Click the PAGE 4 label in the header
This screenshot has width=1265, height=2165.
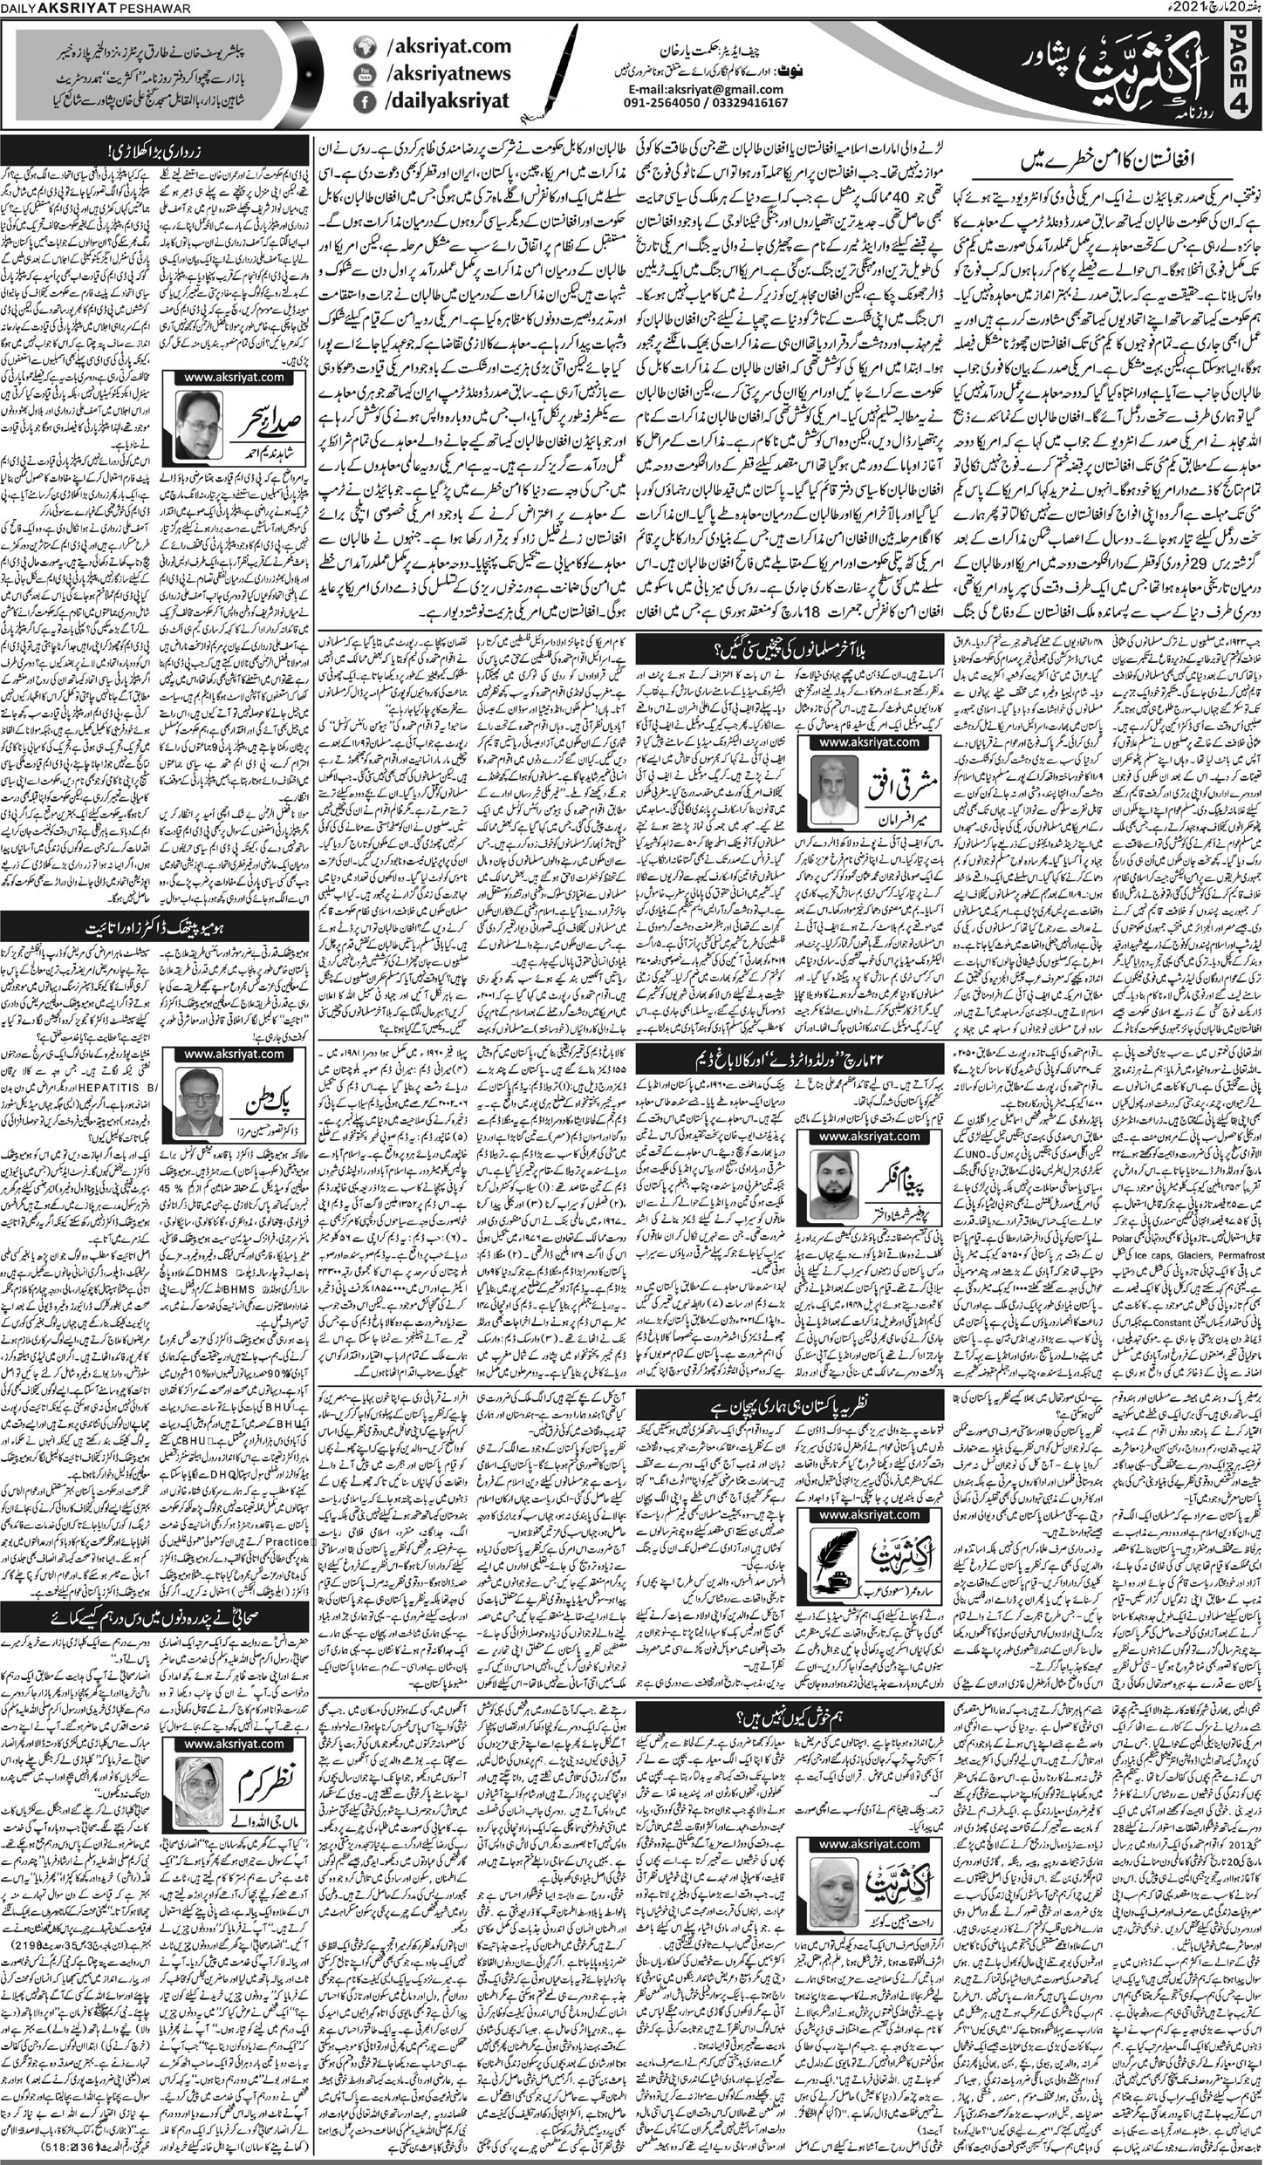tap(1244, 73)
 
